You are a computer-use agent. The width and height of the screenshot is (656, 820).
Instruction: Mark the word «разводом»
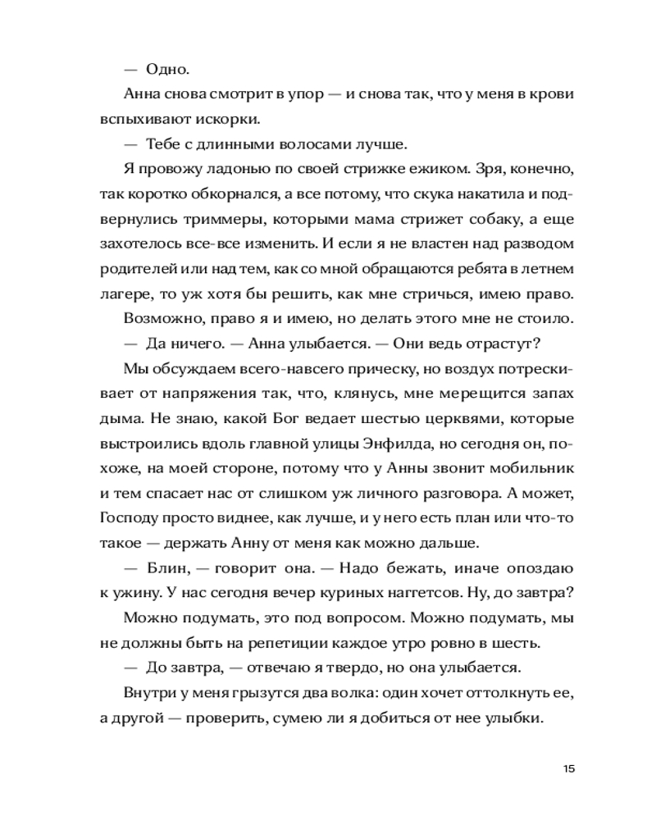pos(536,244)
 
